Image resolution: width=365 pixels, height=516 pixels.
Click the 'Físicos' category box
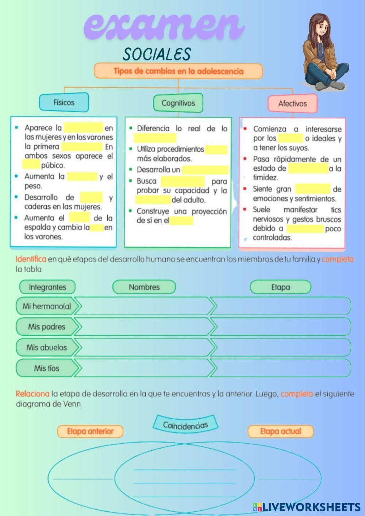tap(64, 102)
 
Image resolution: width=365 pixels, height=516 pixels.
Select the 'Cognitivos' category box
tap(178, 103)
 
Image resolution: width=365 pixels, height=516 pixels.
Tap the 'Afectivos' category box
tap(292, 104)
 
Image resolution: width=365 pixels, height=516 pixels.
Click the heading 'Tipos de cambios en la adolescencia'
tap(178, 71)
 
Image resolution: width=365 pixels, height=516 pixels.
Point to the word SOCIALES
tap(157, 54)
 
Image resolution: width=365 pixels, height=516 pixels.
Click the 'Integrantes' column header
tap(47, 287)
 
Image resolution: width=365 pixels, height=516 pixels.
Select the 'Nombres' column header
tap(144, 287)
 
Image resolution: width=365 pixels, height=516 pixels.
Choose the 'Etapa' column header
tap(280, 287)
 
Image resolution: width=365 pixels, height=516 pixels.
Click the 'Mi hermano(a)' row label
tap(47, 306)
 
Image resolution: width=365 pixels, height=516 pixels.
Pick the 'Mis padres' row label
tap(47, 327)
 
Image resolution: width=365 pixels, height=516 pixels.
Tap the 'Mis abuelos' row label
tap(47, 347)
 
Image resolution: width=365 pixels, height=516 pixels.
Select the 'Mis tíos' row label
tap(47, 368)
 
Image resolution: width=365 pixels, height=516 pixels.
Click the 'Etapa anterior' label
tap(90, 431)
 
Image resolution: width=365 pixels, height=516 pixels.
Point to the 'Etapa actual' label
tap(280, 431)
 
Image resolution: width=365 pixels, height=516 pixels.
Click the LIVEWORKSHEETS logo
tap(307, 507)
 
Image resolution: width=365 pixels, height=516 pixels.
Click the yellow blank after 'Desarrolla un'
tap(205, 170)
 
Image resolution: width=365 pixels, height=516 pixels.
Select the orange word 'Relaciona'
tap(32, 394)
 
